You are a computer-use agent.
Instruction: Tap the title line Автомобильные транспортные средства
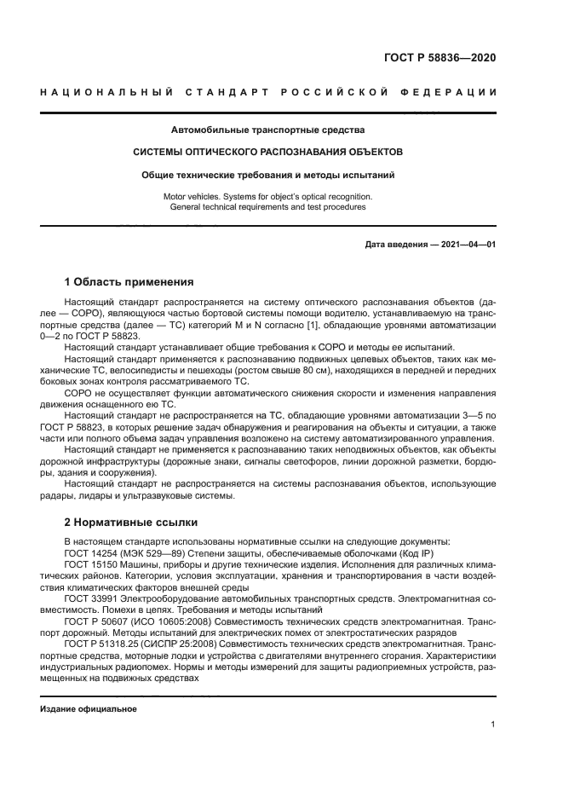click(268, 130)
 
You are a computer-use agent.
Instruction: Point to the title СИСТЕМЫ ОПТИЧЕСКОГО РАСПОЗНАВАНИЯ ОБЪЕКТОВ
click(268, 152)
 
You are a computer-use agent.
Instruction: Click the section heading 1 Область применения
click(129, 282)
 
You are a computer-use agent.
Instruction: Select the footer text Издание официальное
click(89, 709)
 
